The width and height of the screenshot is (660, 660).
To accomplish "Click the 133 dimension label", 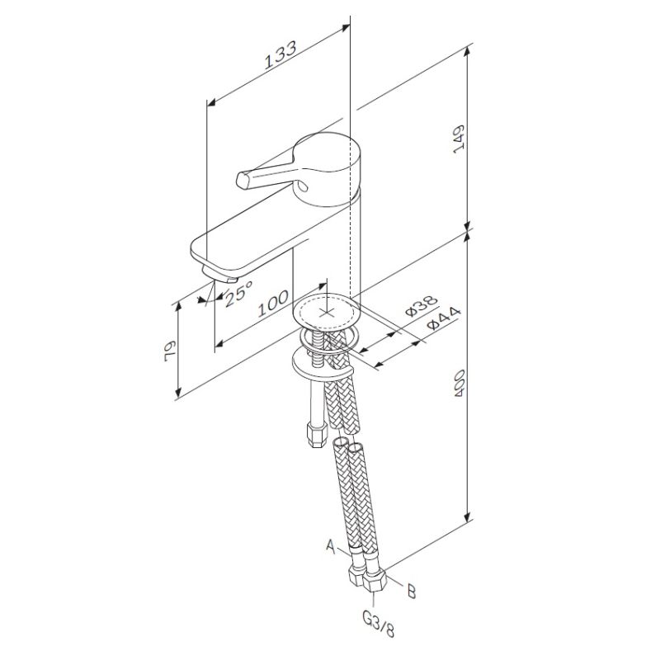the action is coord(280,54).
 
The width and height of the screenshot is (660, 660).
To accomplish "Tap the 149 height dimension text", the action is coord(459,139).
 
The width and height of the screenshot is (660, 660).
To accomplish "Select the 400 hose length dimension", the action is coord(459,383).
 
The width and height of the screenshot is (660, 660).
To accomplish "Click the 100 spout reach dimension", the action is coord(273,303).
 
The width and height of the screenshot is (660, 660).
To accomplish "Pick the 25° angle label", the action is coord(238,294).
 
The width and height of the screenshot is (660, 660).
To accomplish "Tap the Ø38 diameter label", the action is coord(422,305).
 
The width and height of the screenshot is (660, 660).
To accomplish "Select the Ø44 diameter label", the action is coord(444,318).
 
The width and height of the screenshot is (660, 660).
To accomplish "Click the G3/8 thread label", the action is coord(379,625).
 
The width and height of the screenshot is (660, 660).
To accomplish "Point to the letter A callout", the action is coord(331,546).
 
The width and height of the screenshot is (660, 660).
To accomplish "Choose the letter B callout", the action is coord(411,592).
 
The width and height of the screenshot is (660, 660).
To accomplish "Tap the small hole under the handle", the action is coord(303,186).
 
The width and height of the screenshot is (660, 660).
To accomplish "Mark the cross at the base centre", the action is coord(327,313).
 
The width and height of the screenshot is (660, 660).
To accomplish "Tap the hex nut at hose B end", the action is coord(374,582).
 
